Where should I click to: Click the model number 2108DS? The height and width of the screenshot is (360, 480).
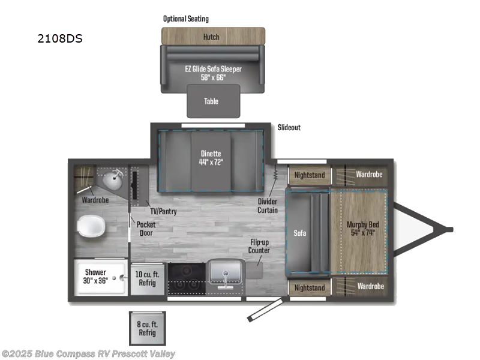click(59, 40)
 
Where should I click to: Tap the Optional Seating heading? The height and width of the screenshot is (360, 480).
click(186, 19)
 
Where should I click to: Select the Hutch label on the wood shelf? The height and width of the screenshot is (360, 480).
click(211, 37)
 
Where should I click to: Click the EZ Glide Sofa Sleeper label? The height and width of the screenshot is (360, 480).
click(213, 73)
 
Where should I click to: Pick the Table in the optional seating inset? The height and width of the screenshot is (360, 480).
click(211, 101)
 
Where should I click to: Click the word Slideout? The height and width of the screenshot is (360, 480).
click(289, 128)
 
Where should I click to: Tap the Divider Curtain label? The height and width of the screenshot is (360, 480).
click(268, 206)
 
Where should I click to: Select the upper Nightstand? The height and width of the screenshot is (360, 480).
click(309, 175)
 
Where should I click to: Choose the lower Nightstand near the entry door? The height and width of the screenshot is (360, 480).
click(309, 287)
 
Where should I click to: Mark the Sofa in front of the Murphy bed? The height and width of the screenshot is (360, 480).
click(301, 232)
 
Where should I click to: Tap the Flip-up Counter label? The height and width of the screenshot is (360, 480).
click(260, 246)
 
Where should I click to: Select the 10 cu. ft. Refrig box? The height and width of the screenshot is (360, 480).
click(146, 278)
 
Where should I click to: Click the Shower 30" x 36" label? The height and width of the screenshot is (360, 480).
click(95, 276)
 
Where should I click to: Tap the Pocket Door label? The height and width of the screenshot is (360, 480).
click(145, 228)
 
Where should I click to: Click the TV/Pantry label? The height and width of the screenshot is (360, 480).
click(163, 211)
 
